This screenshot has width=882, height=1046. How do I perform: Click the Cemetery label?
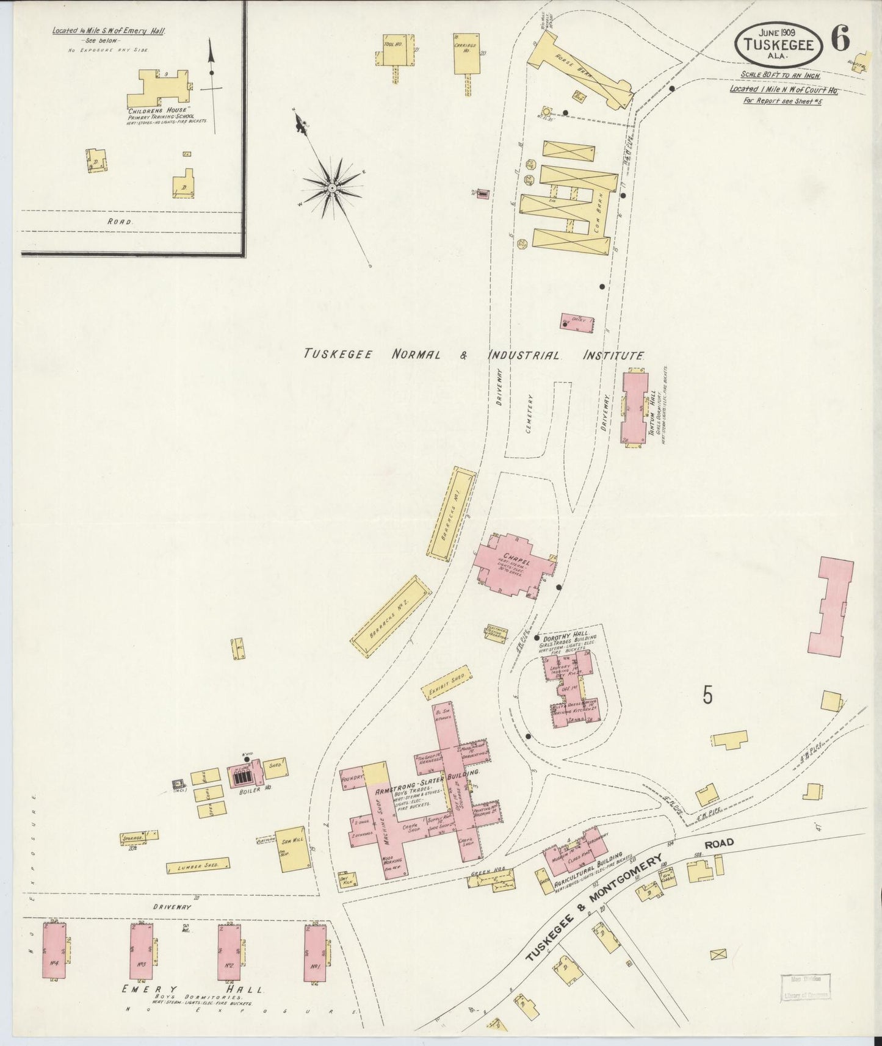[530, 413]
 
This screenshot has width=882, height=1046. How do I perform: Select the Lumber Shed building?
[197, 867]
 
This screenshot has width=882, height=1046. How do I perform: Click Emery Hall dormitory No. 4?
[54, 959]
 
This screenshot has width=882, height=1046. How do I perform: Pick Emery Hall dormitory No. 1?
[316, 958]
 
